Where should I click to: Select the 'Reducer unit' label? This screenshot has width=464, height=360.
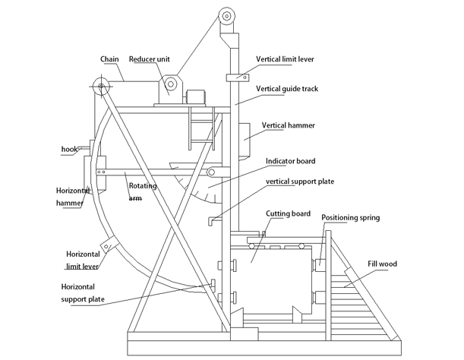tap(149, 59)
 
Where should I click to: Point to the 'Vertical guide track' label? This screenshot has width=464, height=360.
tap(287, 90)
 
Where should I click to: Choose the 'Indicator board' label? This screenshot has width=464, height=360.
tap(290, 162)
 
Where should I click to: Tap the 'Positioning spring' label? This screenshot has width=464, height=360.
tap(350, 218)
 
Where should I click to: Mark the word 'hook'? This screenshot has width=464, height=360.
tap(70, 150)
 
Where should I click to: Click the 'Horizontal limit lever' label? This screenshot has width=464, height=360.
tap(84, 260)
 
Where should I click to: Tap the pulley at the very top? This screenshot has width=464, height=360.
tap(226, 15)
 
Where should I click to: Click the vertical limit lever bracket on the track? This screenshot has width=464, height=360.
tap(238, 77)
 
